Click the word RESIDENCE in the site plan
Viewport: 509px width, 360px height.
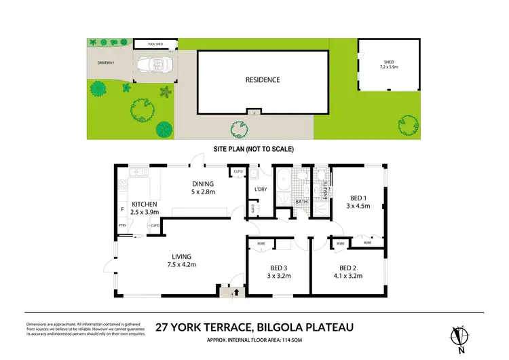262,79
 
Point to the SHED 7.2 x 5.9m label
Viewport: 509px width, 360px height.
389,66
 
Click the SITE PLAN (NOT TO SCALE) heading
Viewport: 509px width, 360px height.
254,148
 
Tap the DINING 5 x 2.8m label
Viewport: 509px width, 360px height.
202,188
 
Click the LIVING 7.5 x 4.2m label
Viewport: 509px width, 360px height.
181,260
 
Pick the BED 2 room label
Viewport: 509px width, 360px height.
351,272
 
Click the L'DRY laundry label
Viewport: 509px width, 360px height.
259,190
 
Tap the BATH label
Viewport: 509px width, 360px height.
302,202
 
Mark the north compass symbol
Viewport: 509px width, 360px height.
459,337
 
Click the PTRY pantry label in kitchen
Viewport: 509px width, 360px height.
122,226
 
